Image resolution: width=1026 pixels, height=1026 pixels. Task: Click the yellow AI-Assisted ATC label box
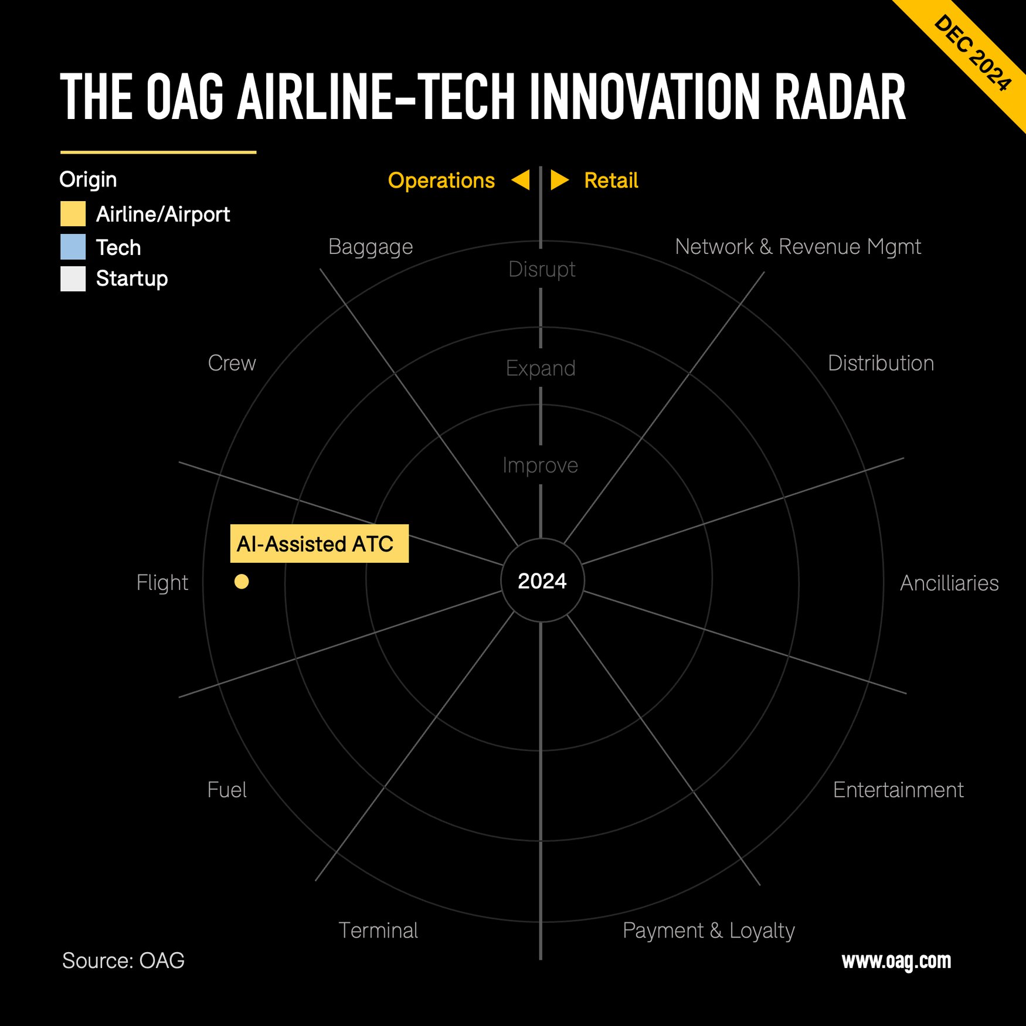[319, 543]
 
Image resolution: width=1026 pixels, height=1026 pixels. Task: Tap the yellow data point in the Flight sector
[242, 581]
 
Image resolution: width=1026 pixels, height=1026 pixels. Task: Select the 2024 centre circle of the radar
[542, 580]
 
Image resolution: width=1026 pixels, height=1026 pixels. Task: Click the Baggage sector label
[371, 247]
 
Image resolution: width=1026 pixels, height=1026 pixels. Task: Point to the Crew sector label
[232, 363]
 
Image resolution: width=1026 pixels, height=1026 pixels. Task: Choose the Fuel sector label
[227, 790]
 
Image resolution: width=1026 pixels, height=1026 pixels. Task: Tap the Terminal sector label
[378, 930]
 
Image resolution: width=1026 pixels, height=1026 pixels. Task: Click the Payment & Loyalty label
[708, 930]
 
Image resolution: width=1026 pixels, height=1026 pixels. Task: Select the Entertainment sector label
[898, 790]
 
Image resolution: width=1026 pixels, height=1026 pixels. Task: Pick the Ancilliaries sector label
[949, 583]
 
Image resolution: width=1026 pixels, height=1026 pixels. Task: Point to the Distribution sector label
[881, 363]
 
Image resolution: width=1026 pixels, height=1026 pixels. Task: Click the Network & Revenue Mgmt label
[798, 247]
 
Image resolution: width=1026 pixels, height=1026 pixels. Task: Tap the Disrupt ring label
[542, 269]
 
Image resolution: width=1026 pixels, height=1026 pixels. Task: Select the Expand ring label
[541, 368]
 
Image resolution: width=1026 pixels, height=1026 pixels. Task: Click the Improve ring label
[540, 465]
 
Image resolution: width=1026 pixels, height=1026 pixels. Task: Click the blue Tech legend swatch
[73, 247]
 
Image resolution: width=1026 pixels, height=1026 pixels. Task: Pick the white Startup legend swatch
[73, 278]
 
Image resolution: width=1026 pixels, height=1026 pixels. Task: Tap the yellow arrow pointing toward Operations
[521, 180]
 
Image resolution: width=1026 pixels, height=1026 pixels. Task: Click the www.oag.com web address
[896, 960]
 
